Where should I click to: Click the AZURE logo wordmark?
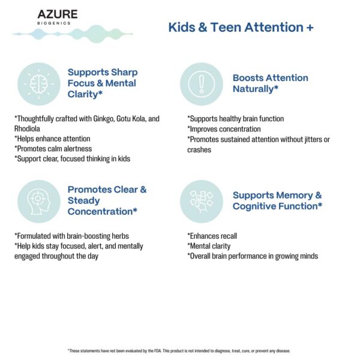[57, 14]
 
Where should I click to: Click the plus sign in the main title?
[310, 28]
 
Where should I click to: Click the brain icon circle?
[38, 84]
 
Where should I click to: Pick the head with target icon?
[38, 201]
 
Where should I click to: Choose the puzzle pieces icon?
[201, 201]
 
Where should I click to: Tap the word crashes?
[199, 149]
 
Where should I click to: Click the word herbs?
[118, 236]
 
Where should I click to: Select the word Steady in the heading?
[84, 200]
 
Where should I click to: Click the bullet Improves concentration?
[224, 129]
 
